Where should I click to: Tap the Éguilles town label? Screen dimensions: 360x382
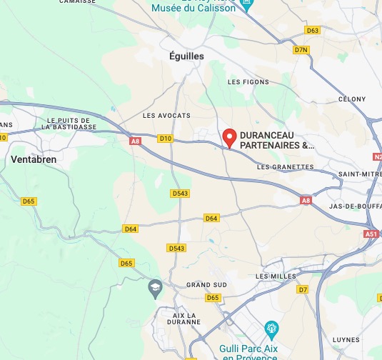(187, 56)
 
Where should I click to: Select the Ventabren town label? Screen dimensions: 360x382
(34, 159)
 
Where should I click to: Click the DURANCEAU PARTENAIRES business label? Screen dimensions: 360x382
(276, 140)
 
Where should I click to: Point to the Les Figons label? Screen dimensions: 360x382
(248, 82)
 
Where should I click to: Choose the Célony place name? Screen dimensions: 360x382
(351, 99)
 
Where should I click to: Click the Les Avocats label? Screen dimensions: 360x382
(166, 115)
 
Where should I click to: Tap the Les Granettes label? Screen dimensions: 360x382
(284, 166)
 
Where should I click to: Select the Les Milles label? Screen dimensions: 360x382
(271, 276)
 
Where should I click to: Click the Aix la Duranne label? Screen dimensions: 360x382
(187, 319)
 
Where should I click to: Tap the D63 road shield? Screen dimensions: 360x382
(312, 30)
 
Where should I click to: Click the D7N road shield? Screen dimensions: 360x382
(301, 50)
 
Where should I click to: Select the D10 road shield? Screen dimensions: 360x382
(166, 138)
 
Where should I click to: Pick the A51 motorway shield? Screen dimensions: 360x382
(371, 234)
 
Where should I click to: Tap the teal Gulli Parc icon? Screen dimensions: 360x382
(271, 329)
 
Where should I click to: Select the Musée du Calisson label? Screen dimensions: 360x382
(202, 7)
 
